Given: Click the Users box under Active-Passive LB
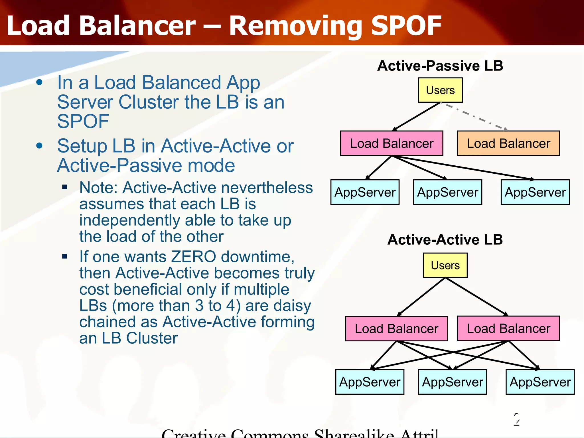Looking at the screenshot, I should (x=440, y=90).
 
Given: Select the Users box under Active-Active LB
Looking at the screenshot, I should (x=445, y=265).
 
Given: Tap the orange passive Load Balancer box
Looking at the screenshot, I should (x=508, y=143).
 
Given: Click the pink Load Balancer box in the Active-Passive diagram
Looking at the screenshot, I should (x=392, y=143).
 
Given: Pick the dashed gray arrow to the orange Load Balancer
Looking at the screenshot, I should (x=476, y=117).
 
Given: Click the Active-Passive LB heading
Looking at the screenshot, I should (x=440, y=66).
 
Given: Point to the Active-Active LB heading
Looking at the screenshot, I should (x=445, y=240).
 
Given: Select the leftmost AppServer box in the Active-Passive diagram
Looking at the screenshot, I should (x=365, y=192).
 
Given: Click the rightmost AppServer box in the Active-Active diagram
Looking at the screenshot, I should (x=540, y=382).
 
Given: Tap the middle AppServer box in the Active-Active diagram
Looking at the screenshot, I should (x=452, y=382).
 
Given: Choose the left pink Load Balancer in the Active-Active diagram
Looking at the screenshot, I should (x=396, y=328).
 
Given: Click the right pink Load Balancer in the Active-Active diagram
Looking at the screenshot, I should (x=508, y=328).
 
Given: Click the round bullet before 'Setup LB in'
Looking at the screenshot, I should (x=39, y=146).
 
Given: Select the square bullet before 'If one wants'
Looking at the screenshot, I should (x=65, y=256).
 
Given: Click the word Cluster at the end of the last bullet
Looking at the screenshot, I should (x=152, y=338).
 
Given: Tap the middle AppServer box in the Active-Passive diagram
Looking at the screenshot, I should (x=447, y=192).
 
